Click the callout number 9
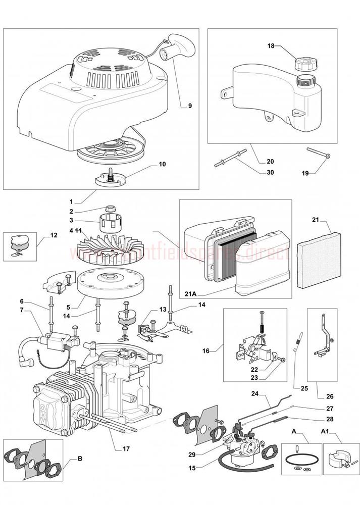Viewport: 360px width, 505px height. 190,106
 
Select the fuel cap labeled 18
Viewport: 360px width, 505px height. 302,65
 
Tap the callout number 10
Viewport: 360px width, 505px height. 162,164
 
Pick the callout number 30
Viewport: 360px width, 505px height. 270,173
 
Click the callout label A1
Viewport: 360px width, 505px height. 327,432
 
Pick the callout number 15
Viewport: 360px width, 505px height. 192,469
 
